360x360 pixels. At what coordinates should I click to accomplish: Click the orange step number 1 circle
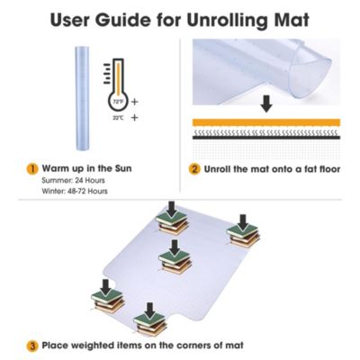tap(32, 169)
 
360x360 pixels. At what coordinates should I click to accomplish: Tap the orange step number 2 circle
tap(194, 169)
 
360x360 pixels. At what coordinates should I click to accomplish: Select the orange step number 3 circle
tap(32, 346)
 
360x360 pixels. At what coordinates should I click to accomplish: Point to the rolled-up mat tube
tap(82, 98)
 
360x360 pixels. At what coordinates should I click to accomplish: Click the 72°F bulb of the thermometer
tap(118, 102)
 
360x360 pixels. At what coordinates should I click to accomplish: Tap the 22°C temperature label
tap(118, 118)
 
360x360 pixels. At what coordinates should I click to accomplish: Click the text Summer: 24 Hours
tap(73, 181)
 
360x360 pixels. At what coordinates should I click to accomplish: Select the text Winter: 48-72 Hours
tap(75, 191)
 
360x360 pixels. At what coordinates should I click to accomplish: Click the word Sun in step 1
tap(123, 168)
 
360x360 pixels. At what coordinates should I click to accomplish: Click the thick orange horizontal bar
tap(266, 122)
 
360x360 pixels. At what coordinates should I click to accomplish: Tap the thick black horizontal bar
tap(266, 138)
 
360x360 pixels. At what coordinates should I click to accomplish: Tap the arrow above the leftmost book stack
tap(105, 287)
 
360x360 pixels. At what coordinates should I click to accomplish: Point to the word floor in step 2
tap(329, 169)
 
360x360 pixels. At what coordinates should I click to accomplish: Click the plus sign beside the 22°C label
tap(135, 118)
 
